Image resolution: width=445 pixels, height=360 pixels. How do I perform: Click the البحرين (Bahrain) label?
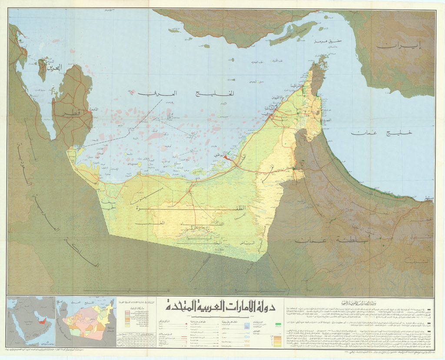(x=55, y=67)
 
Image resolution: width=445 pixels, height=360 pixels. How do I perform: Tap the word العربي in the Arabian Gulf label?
(x=153, y=93)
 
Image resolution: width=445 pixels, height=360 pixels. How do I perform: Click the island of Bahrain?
(x=42, y=70)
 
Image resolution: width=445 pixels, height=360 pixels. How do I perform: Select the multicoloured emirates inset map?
(x=87, y=322)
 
